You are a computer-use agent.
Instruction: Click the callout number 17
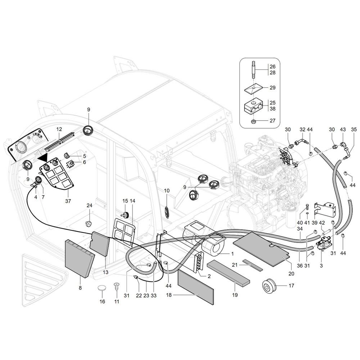point(291,285)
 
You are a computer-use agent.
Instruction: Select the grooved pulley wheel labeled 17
point(269,287)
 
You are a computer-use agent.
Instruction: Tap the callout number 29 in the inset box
point(273,87)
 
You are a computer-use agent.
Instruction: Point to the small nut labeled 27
point(254,121)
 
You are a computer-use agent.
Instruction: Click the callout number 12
point(59,129)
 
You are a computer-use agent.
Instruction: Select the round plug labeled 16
point(102,288)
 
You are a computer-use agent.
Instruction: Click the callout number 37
point(68,201)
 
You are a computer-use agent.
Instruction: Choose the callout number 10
point(167,190)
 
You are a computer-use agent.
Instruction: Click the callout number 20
point(291,274)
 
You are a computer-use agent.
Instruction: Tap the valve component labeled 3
point(324,243)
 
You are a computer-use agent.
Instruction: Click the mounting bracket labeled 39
point(325,210)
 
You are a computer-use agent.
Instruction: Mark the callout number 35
point(354,130)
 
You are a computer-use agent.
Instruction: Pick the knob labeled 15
point(125,215)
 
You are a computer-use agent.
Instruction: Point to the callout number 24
point(89,206)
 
